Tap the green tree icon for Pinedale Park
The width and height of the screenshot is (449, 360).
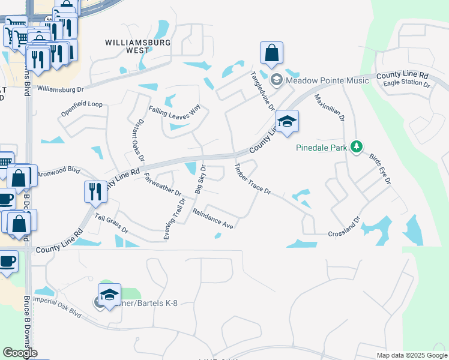pyautogui.click(x=357, y=146)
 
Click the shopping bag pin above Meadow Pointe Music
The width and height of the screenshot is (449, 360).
pyautogui.click(x=272, y=53)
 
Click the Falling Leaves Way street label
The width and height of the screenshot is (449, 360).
pyautogui.click(x=174, y=111)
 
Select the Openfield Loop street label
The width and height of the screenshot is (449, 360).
pyautogui.click(x=82, y=109)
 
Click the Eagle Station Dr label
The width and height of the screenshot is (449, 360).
pyautogui.click(x=407, y=85)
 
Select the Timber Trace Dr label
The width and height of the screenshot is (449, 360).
pyautogui.click(x=253, y=179)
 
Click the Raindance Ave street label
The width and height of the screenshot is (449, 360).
pyautogui.click(x=212, y=218)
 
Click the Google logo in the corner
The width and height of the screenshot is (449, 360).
pyautogui.click(x=20, y=352)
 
